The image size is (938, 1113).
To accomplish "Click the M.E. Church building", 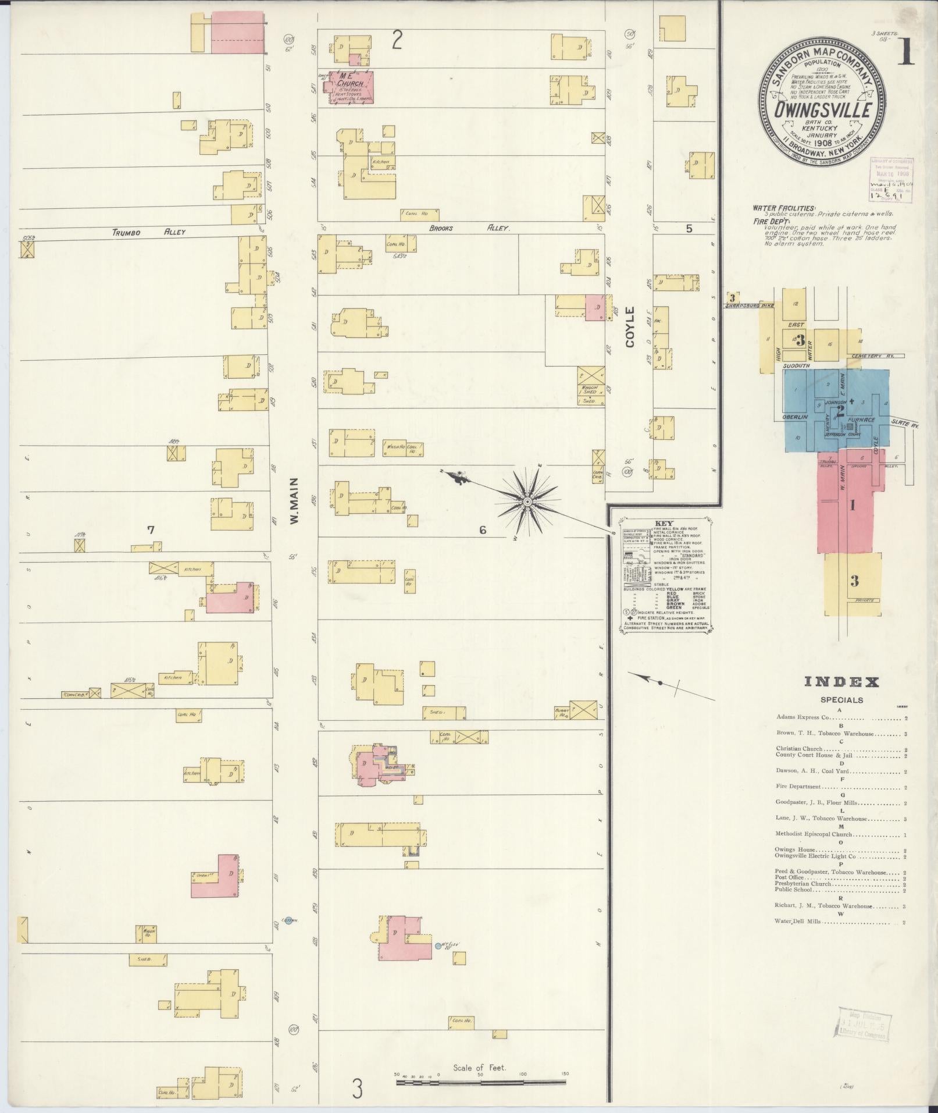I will pos(352,87).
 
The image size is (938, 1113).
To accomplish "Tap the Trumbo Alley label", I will pos(148,232).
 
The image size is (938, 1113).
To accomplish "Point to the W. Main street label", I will pos(294,500).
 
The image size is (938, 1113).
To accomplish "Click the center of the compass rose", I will pos(527,502).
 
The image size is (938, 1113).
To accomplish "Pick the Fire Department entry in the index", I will pos(798,787).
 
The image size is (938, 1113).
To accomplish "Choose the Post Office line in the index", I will pos(789,877).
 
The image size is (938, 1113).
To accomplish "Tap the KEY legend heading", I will pos(663,523).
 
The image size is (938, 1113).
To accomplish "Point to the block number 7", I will pos(151,529).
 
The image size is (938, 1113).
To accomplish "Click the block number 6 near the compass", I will pos(482,529).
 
